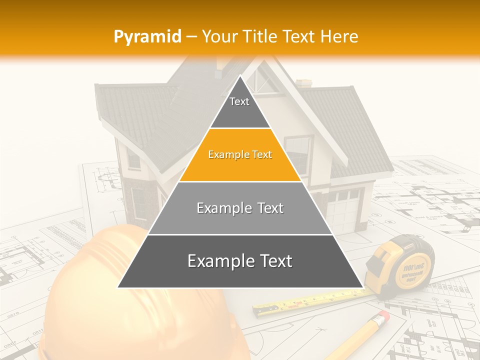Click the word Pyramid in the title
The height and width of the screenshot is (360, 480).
coord(147,36)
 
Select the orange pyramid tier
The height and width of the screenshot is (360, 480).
coord(240,155)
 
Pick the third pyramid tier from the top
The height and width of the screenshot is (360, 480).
coord(240,208)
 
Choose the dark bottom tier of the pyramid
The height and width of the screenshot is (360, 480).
coord(240,261)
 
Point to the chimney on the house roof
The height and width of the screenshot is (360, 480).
coord(303,83)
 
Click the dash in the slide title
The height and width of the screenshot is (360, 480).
coord(192,36)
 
